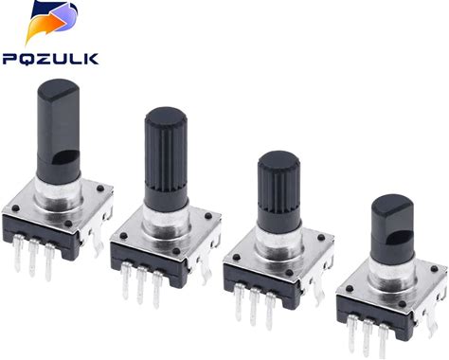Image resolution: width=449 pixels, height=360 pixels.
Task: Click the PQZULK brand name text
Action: (50, 59)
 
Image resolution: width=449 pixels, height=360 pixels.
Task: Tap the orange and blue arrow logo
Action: (51, 22)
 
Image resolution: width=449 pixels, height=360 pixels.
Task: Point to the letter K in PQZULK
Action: (91, 59)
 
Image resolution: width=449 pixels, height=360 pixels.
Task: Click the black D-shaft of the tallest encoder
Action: (59, 130)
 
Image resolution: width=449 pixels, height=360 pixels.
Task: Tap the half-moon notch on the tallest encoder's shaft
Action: (66, 157)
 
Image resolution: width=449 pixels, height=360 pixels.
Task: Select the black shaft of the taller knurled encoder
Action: (166, 159)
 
